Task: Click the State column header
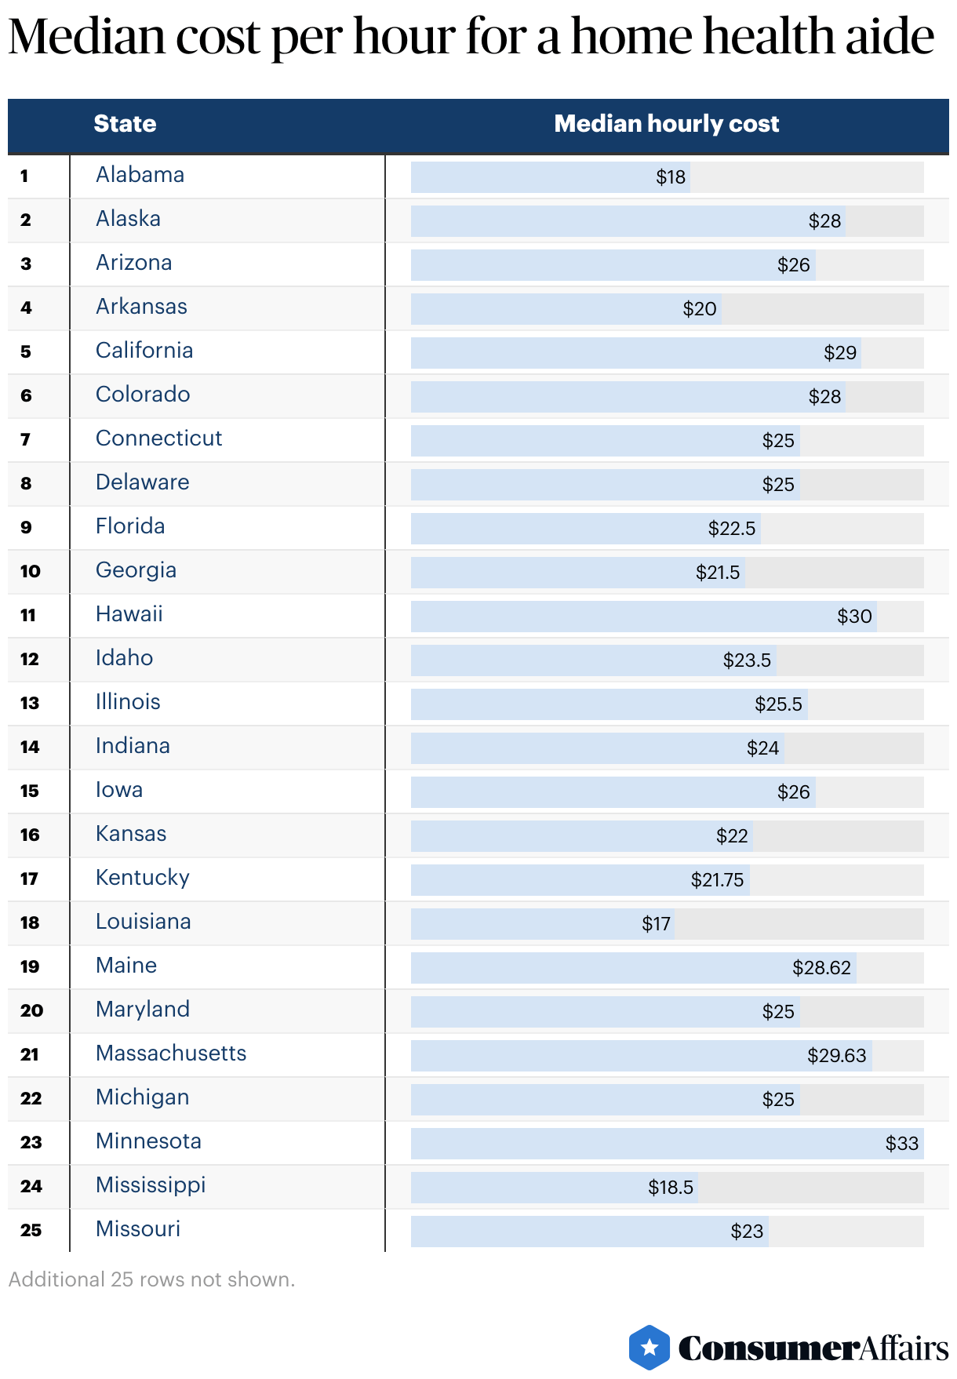tap(125, 124)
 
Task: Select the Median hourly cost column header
tap(666, 124)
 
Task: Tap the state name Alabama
tap(140, 175)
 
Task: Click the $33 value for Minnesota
tap(901, 1144)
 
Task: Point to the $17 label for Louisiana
tap(656, 924)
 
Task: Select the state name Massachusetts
tap(171, 1053)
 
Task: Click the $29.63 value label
tap(836, 1056)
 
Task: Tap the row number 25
tap(31, 1230)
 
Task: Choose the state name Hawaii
tap(129, 614)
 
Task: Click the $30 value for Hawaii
tap(854, 617)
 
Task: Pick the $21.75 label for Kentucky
tap(717, 880)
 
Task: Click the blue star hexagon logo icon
tap(650, 1348)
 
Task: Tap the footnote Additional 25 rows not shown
tap(151, 1279)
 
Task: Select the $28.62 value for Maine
tap(821, 968)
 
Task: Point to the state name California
tap(144, 351)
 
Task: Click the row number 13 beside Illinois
tap(30, 703)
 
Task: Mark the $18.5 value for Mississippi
tap(671, 1188)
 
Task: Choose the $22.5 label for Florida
tap(732, 529)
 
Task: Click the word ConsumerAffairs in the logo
tap(813, 1348)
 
